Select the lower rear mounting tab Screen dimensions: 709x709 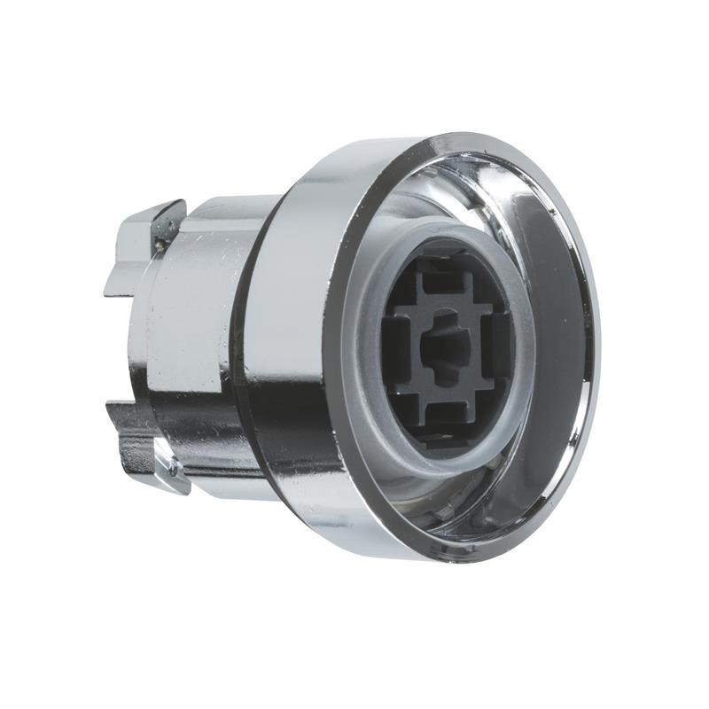(x=146, y=443)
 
